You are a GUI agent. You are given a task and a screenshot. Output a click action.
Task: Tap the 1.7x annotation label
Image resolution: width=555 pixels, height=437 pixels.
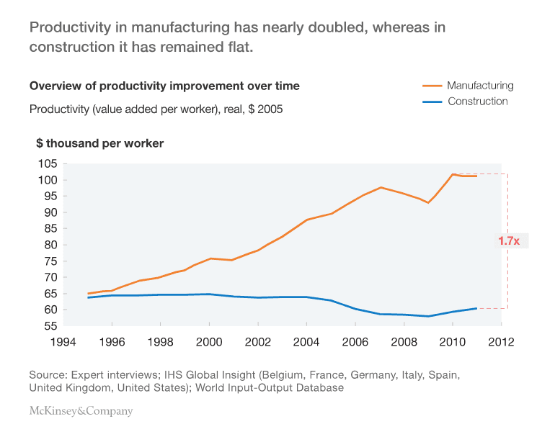(x=509, y=241)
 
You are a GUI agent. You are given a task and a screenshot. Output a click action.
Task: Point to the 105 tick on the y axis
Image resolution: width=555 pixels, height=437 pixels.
(x=48, y=163)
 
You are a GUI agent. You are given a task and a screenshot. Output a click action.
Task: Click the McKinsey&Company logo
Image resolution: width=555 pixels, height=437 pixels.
(x=81, y=411)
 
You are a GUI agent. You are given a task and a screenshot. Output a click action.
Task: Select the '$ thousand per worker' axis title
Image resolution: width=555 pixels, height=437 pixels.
(x=100, y=143)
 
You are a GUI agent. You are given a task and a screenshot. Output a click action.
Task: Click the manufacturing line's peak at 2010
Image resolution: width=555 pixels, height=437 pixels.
(x=453, y=174)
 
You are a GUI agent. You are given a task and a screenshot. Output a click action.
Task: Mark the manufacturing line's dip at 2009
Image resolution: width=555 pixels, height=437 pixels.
(x=428, y=202)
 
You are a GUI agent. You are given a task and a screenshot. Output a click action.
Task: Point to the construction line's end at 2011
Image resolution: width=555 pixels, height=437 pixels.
(x=476, y=308)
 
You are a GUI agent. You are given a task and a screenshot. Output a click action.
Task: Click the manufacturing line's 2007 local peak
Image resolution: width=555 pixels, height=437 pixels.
(x=381, y=187)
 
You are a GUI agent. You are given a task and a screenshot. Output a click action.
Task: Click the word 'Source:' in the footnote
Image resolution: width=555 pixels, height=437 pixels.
(x=47, y=375)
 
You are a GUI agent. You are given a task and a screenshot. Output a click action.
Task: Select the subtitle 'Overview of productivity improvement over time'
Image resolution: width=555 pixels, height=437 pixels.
(x=164, y=86)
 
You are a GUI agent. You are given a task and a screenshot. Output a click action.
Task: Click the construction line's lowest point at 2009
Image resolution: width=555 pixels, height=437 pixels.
(x=428, y=316)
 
